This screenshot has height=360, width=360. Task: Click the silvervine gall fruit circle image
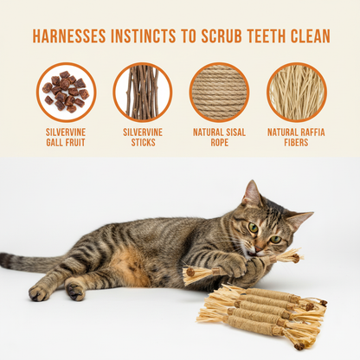coord(66,92)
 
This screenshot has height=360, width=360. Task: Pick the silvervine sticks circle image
coord(142,92)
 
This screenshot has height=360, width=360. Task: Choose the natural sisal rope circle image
coord(219,92)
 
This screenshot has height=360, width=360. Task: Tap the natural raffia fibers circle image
coord(296,92)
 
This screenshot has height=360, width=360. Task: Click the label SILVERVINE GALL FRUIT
coord(66,138)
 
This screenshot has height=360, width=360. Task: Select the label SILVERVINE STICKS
coord(142,138)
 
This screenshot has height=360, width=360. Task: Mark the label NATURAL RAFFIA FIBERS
coord(296,138)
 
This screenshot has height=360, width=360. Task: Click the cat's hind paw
coord(40,293)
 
